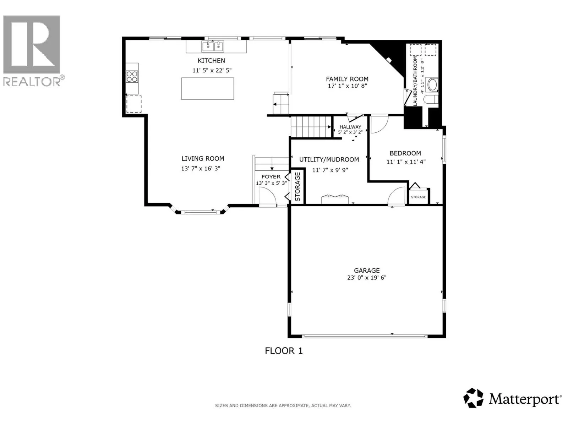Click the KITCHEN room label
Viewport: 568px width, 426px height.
[x=211, y=60]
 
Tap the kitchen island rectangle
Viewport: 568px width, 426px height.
[x=208, y=88]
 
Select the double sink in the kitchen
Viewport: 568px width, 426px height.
[x=213, y=47]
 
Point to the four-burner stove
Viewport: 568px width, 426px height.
[x=132, y=77]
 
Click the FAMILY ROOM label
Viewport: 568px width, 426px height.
[x=347, y=79]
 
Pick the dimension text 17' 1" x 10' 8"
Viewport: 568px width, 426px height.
[x=347, y=86]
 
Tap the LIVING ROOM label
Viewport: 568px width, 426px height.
[x=203, y=159]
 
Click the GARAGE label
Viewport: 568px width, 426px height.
[x=367, y=271]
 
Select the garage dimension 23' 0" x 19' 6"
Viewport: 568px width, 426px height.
[x=367, y=278]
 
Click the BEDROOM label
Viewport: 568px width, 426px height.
[x=405, y=153]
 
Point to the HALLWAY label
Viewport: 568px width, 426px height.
[x=350, y=127]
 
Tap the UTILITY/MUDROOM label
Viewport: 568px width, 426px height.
[x=329, y=160]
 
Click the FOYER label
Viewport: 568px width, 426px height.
[x=271, y=177]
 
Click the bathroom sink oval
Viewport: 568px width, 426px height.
[x=432, y=84]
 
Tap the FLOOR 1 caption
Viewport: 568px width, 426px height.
[x=284, y=351]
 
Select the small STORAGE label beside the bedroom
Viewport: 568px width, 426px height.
[x=418, y=197]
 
